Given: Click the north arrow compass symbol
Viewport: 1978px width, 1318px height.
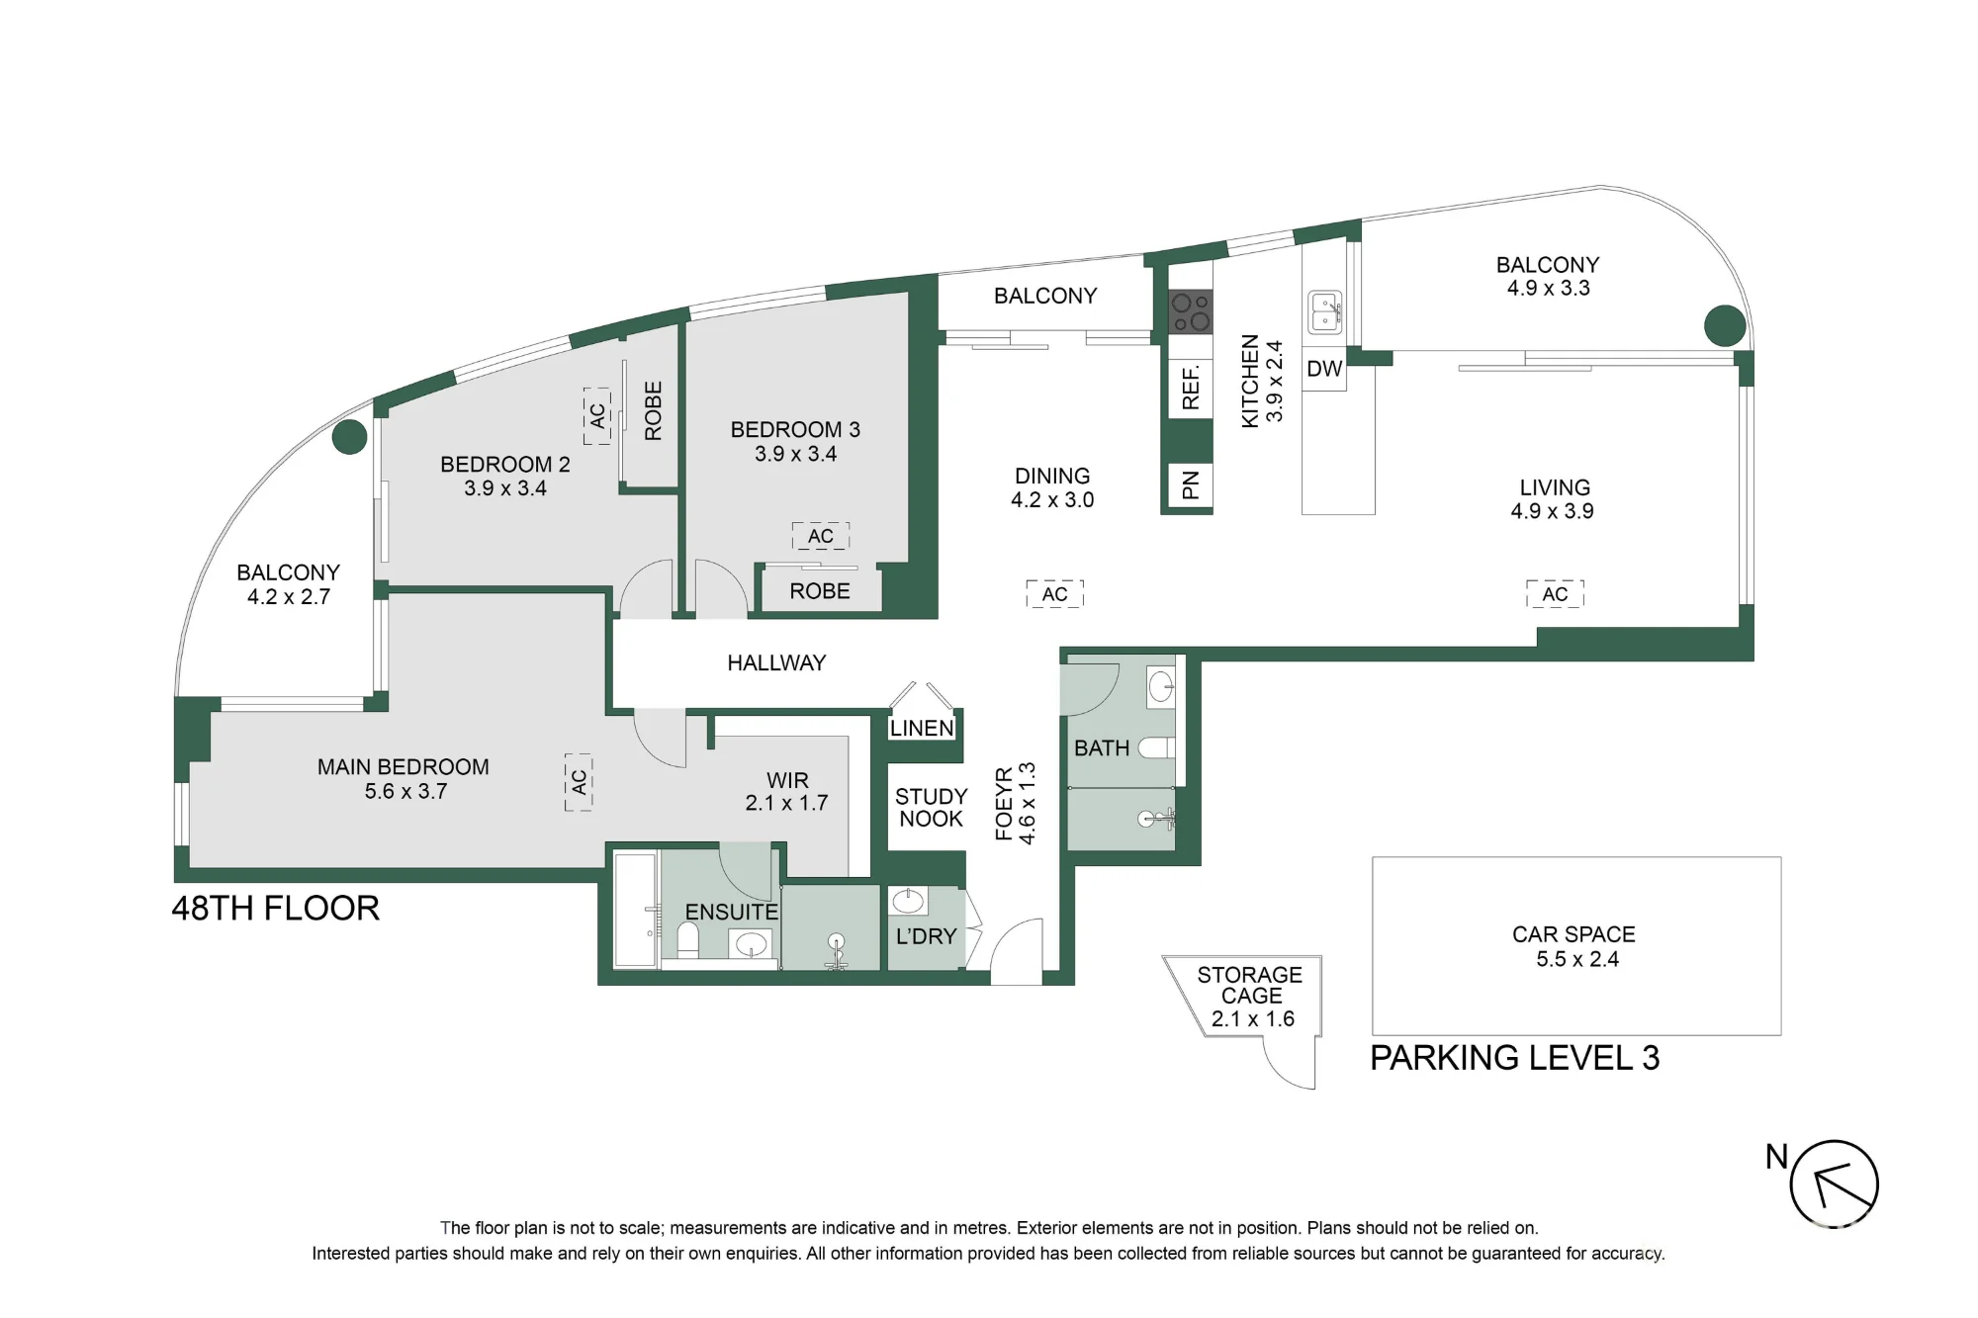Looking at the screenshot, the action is point(1834,1185).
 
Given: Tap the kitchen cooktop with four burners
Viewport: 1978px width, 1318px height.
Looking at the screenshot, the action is point(1191,312).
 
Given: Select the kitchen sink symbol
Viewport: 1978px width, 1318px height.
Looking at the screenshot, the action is point(1325,312).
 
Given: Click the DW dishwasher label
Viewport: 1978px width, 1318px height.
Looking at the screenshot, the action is point(1324,369).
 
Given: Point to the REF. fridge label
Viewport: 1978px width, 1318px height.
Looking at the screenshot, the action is point(1191,388).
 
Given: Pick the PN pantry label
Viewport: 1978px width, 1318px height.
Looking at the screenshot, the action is point(1191,485).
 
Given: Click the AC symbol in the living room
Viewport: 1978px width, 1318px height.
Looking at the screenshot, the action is point(1555,594).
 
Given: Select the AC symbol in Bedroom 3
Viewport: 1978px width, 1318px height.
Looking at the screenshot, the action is point(821,536).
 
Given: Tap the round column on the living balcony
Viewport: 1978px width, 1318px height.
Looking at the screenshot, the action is point(1725,325).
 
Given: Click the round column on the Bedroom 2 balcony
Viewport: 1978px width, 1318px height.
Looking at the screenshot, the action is point(349,436).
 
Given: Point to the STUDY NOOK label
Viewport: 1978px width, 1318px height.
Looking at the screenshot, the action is point(931,807).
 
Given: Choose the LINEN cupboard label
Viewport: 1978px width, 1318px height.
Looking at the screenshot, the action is point(922,729).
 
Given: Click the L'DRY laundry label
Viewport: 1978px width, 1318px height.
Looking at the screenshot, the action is point(927,935).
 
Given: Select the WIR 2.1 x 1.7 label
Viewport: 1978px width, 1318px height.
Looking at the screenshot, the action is point(787,792).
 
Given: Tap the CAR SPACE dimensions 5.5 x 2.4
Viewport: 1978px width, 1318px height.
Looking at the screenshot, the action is point(1577,959).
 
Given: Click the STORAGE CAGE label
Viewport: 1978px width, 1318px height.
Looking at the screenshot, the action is point(1250,985).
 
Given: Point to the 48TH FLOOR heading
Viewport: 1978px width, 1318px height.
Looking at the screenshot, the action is point(276,909).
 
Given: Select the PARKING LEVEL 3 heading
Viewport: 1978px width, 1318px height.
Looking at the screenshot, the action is point(1514,1058).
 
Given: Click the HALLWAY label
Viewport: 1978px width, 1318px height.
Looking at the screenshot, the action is point(776,662).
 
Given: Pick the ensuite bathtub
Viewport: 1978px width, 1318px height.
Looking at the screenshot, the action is point(635,911).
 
